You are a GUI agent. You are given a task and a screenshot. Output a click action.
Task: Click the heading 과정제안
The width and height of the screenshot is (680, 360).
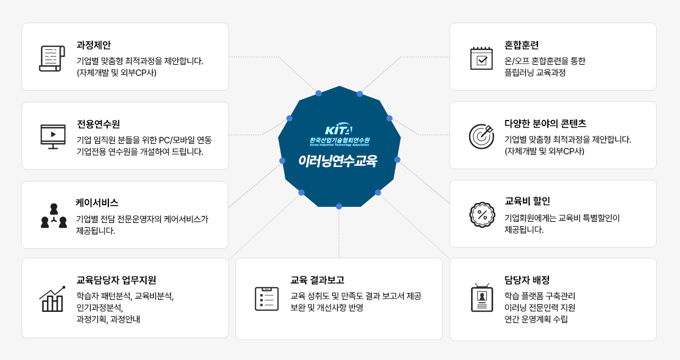[93, 45]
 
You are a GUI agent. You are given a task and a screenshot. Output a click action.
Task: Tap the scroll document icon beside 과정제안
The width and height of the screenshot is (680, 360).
[52, 59]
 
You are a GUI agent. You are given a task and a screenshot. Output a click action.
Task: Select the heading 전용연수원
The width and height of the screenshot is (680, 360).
[98, 124]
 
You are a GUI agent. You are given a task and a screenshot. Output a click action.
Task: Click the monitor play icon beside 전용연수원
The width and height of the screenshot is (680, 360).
[53, 137]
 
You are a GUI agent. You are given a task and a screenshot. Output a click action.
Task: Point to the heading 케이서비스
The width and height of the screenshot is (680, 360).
[97, 203]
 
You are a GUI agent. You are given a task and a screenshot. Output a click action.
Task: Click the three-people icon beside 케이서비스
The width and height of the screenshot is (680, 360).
[54, 216]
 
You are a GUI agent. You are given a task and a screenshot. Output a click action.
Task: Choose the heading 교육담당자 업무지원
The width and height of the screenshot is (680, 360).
[116, 280]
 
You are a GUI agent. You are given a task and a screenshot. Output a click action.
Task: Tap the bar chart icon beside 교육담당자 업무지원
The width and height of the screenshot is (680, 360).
[52, 299]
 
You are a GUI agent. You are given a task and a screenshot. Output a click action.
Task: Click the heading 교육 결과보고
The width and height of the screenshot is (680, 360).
[317, 280]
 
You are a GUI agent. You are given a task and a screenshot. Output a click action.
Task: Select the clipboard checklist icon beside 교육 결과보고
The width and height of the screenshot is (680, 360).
[266, 299]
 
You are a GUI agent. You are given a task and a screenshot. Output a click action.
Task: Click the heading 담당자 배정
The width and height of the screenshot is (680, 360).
[527, 280]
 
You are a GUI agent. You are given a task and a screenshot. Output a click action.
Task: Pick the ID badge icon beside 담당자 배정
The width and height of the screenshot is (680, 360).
[482, 298]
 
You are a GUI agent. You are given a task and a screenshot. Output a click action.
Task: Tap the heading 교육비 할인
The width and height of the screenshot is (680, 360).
[527, 201]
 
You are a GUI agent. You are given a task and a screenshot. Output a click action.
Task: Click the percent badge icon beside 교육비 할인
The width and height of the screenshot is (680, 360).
[482, 215]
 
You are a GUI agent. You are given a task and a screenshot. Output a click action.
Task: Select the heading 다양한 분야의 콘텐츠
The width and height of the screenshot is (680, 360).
[545, 123]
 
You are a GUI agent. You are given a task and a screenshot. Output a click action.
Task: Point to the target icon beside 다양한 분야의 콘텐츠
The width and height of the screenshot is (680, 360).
[482, 137]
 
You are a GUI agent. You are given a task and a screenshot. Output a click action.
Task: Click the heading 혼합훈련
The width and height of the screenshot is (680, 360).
[521, 45]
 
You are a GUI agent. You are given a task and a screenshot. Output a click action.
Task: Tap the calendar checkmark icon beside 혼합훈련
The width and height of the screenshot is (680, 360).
[482, 58]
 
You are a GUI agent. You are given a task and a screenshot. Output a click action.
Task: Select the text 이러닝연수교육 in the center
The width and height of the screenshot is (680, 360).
[338, 161]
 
